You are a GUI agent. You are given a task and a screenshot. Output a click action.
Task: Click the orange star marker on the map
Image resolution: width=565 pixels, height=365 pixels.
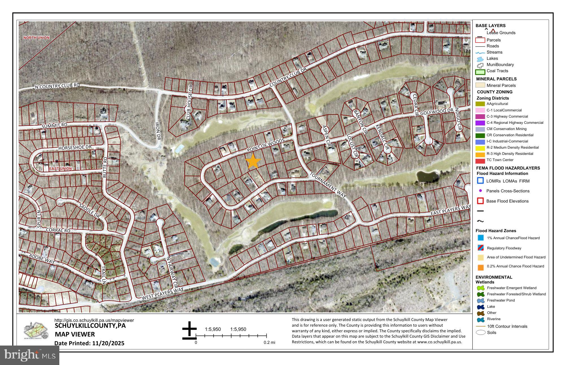point(253,161)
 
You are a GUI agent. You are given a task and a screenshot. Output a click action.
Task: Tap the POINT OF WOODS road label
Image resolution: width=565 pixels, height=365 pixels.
point(266,146)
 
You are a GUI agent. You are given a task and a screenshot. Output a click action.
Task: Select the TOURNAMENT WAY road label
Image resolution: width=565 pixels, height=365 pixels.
point(328,185)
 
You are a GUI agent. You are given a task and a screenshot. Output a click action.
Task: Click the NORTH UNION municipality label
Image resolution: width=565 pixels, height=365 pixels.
point(36,38)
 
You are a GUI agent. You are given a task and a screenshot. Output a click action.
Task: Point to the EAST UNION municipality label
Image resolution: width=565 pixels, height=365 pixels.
point(60,168)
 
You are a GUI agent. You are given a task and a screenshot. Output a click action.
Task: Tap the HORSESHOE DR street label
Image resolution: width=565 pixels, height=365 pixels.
point(75,148)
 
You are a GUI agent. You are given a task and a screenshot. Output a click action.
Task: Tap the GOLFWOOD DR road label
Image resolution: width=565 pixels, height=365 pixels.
point(436,111)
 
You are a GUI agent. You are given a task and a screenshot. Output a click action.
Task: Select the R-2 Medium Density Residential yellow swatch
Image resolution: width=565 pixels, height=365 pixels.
point(480,148)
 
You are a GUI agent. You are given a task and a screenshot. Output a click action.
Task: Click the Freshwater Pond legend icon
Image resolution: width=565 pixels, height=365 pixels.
point(480,301)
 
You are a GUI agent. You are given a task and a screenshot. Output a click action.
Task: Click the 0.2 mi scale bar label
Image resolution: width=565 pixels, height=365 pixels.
point(269,342)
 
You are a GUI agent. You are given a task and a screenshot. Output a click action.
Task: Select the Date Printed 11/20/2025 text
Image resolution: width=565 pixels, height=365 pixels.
point(89,343)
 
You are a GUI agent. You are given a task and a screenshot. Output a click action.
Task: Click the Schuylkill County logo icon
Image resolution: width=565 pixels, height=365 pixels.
point(36,331)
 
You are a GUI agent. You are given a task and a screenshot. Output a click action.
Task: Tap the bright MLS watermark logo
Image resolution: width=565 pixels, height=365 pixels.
point(29,355)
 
